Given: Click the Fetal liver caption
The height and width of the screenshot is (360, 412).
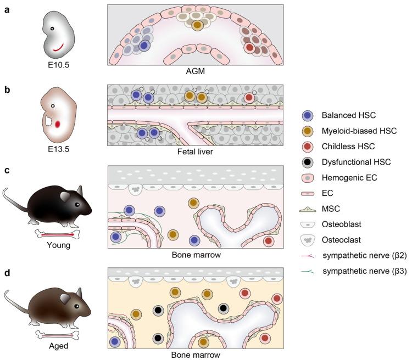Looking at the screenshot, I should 195,153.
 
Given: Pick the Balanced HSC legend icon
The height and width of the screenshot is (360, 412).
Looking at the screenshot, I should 309,115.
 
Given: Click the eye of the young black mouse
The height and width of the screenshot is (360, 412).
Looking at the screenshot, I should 76,204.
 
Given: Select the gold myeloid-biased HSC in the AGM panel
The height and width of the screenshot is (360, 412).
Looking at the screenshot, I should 196,25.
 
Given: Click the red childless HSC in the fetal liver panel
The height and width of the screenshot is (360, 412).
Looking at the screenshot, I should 249,97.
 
